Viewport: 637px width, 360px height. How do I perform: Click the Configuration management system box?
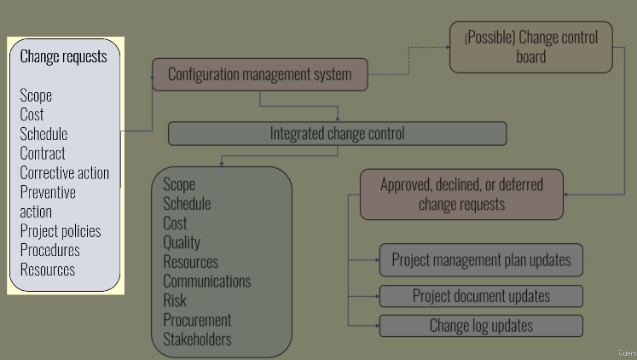(259, 74)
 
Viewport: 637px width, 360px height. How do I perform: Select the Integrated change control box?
(337, 134)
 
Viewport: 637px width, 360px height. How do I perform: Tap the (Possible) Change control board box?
(530, 47)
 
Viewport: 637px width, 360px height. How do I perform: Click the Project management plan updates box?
(481, 260)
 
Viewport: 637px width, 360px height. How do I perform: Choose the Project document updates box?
(481, 297)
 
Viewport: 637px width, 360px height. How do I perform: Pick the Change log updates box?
(481, 326)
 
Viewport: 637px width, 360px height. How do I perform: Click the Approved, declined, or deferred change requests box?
(461, 195)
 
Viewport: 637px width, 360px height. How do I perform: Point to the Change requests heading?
(64, 57)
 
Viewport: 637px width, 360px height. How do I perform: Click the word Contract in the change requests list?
(43, 154)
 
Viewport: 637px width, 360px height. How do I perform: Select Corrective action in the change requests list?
(65, 173)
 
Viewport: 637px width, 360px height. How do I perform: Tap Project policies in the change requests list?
(61, 231)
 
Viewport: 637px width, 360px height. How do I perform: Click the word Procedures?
(50, 251)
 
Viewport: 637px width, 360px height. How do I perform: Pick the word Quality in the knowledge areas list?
(182, 243)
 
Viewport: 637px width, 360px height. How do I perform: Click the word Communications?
(206, 282)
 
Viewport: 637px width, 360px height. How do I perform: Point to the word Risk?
(174, 301)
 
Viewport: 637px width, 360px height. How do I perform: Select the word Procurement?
(197, 321)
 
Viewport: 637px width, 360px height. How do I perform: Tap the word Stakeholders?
(197, 340)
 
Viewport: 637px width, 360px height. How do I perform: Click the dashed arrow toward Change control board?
(409, 73)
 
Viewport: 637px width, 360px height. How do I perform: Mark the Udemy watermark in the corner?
(626, 352)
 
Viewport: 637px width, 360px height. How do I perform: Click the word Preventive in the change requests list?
(48, 193)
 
